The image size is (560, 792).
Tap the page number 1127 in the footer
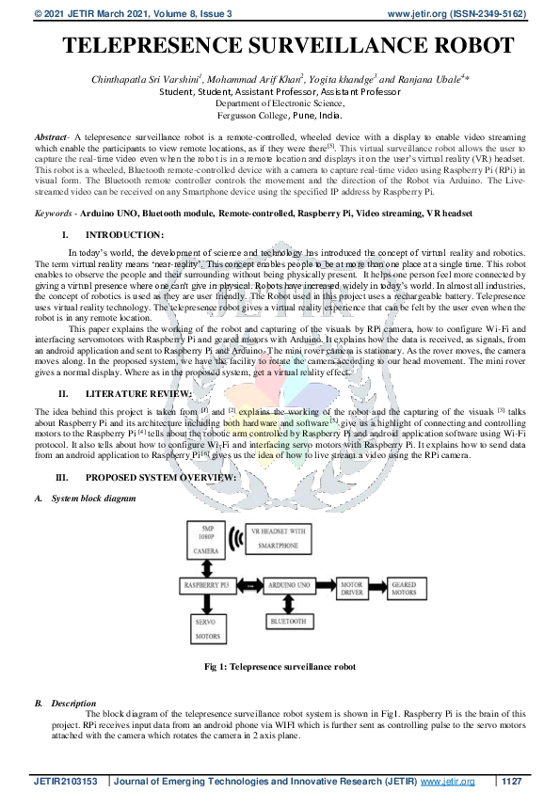[x=511, y=781]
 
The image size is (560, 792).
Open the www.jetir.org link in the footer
[x=447, y=781]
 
